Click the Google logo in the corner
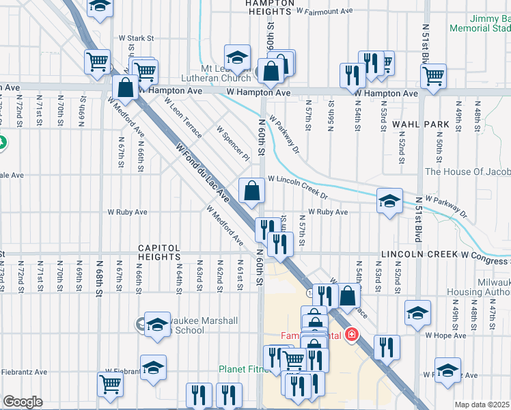23,402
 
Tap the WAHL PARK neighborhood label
420,124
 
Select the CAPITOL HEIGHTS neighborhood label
158,249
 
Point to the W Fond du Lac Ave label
202,172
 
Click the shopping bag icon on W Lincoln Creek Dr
251,191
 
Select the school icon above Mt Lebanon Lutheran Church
237,59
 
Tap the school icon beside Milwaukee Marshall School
156,325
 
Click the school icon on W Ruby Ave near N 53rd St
389,201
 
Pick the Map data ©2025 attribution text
482,405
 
